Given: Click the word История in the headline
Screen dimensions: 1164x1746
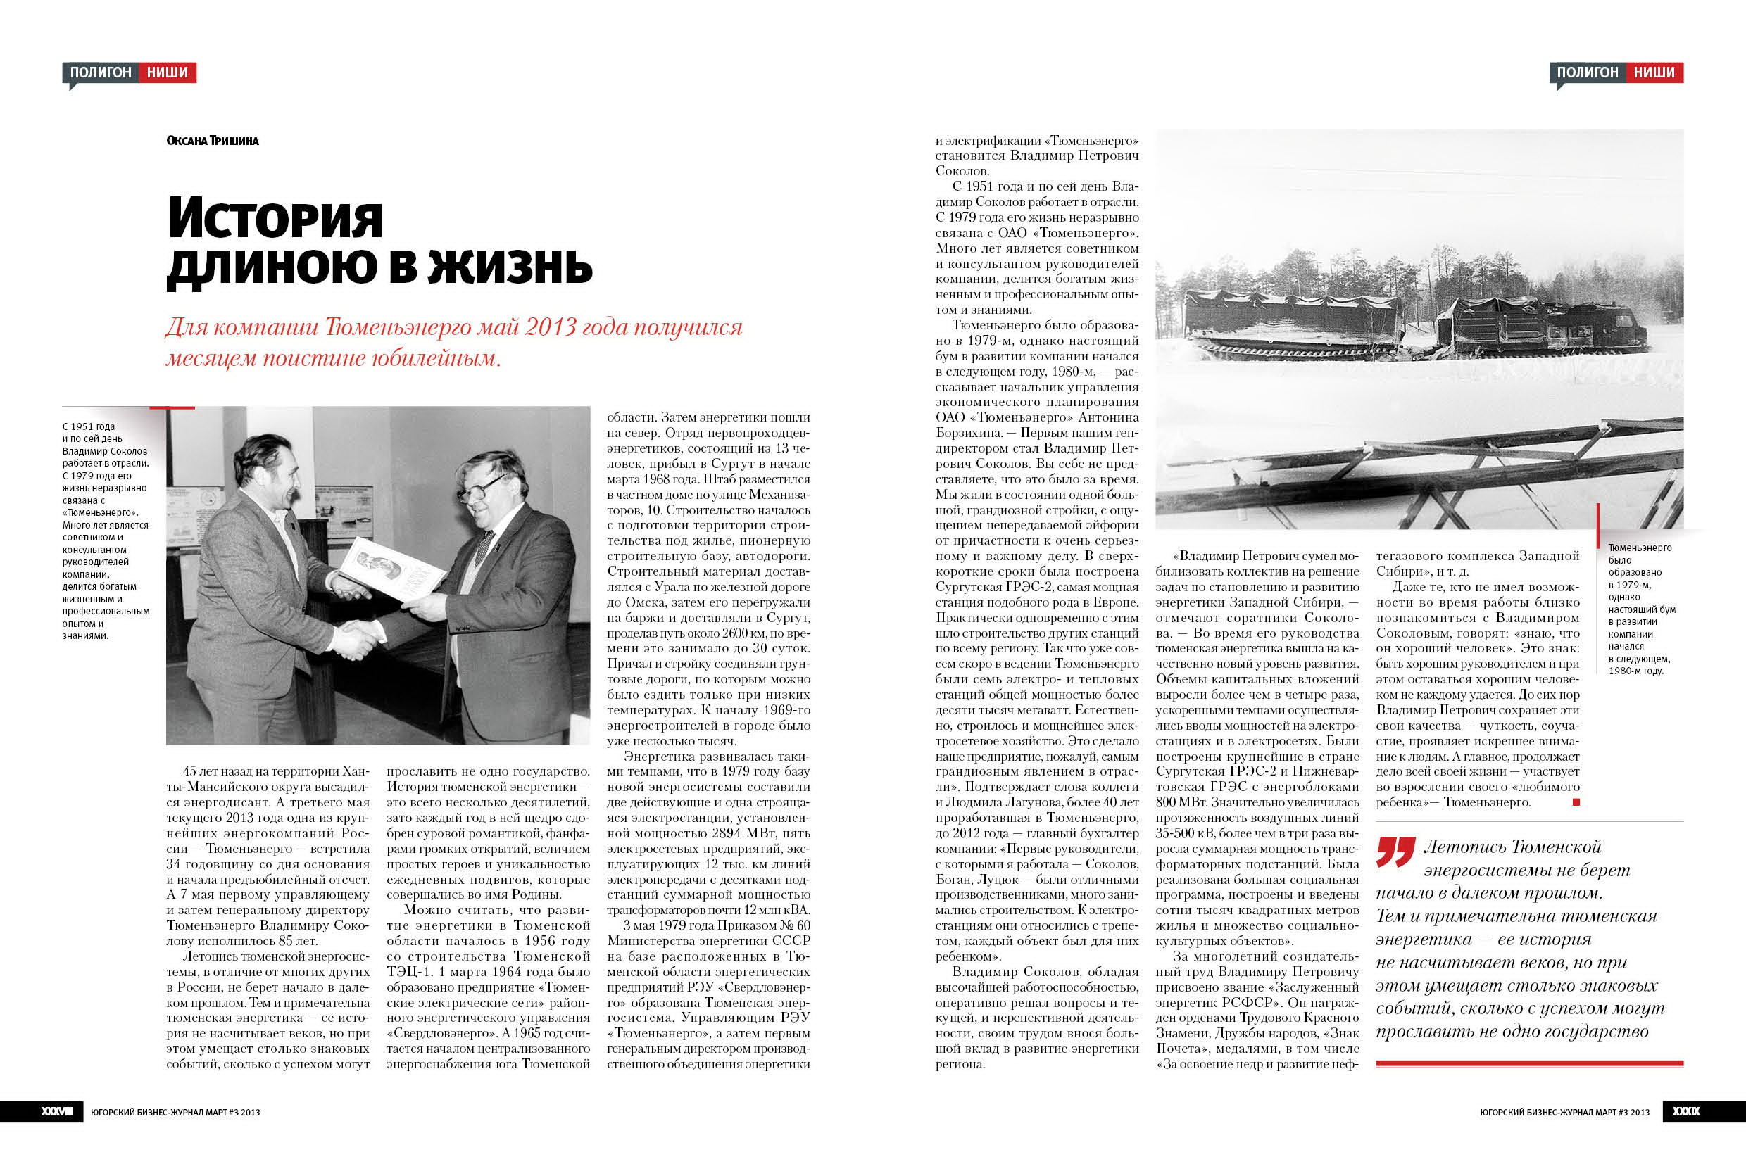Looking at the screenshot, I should pos(275,217).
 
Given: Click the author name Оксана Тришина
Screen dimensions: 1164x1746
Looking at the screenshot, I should pos(213,140).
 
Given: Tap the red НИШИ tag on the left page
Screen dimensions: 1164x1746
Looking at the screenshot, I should pos(167,72).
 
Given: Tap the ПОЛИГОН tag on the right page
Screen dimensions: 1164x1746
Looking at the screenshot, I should pos(1587,72).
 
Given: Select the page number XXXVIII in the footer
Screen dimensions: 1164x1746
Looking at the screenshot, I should pos(57,1112).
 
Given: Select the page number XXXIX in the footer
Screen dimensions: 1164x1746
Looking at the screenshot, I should pos(1686,1112).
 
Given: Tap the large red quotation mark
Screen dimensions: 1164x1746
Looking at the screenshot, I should pos(1395,852).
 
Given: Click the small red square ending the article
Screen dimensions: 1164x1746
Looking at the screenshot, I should pos(1576,802).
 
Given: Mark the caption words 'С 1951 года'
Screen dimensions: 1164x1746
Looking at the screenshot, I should pos(89,427).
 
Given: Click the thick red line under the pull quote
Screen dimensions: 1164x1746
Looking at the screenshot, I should pos(1529,1064).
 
